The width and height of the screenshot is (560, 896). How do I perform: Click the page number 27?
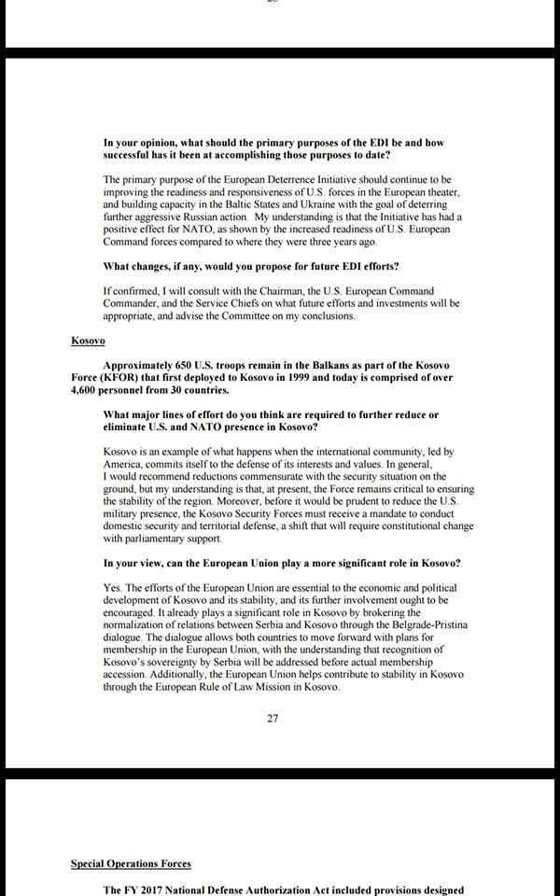(x=273, y=719)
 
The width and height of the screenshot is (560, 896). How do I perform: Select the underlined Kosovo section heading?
(x=89, y=341)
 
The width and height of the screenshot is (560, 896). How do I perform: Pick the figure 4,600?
(x=89, y=392)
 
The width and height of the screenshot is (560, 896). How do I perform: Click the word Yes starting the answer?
(x=113, y=587)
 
